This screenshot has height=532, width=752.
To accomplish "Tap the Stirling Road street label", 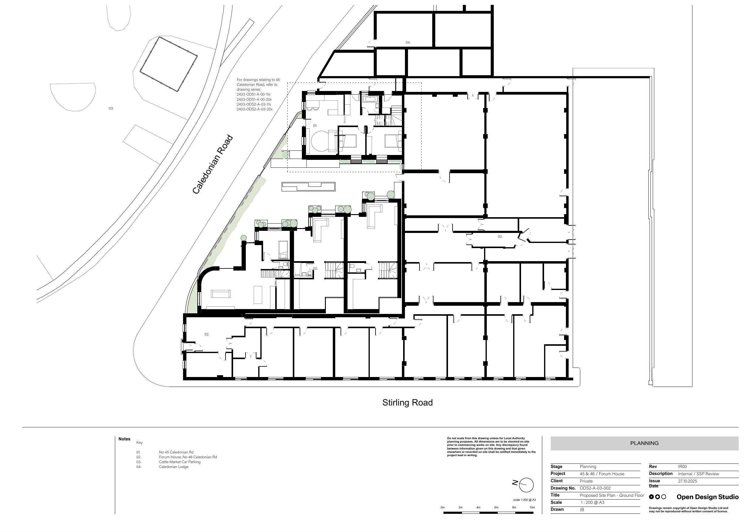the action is pos(407,402).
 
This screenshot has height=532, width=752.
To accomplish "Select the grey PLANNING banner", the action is pos(644,443).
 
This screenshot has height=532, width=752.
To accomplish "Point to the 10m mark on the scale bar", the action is pos(532,507).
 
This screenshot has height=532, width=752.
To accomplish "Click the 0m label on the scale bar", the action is pos(443,507).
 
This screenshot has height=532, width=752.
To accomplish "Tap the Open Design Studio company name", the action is pos(707,497).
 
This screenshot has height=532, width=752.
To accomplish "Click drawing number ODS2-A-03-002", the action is pos(595,488).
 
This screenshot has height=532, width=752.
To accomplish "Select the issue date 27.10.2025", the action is pos(687,481).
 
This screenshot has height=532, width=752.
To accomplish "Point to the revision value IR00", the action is pos(683,466).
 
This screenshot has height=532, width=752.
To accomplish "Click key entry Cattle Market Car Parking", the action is pos(180,462).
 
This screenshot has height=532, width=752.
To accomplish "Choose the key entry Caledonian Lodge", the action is pos(174,467).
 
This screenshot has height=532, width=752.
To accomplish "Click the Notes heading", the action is pos(125,439).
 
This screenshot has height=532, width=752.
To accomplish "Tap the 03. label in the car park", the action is pos(111,108).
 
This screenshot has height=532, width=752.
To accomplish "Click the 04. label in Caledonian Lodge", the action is pos(408,42).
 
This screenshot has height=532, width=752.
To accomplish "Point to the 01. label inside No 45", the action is pos(315,126).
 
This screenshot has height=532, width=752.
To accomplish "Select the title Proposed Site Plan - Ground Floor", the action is pos(612,495).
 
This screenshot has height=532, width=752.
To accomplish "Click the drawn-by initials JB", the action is pos(582,509).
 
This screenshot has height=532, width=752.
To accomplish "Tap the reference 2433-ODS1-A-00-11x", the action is pos(253,94).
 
